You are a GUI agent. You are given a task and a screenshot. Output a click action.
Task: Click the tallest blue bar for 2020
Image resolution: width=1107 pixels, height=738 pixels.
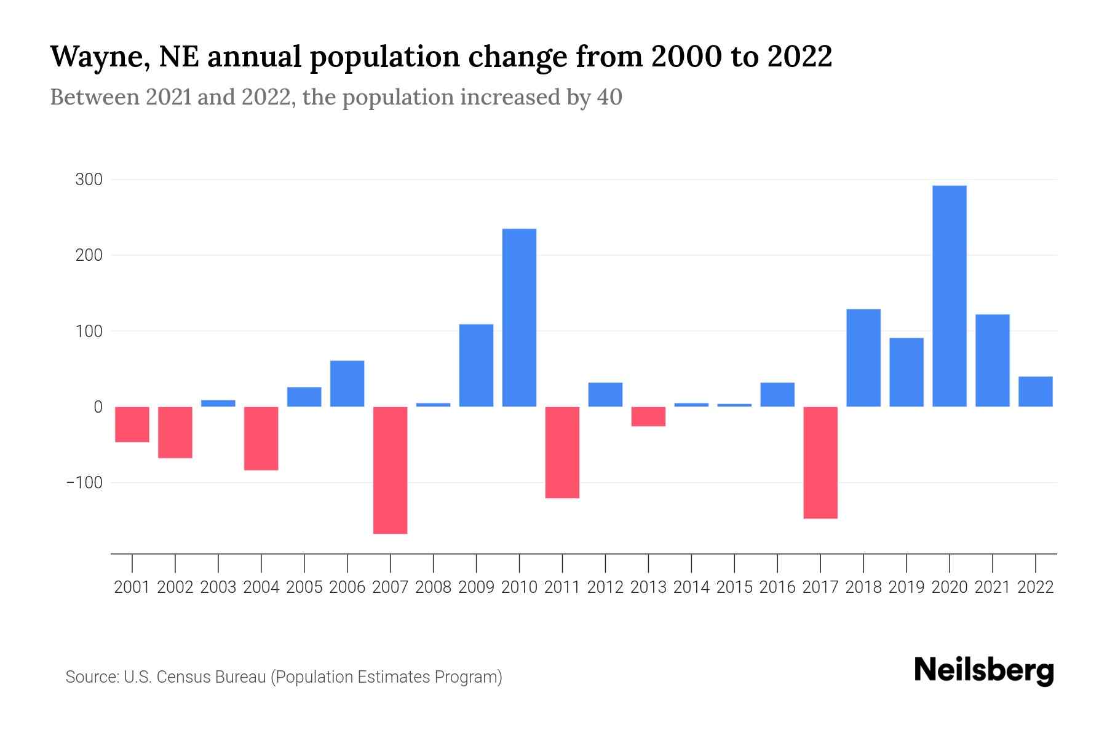[949, 296]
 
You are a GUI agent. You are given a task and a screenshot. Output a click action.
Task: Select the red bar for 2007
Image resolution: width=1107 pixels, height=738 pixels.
[390, 470]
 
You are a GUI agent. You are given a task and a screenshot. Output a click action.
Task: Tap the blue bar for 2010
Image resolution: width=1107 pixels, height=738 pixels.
[519, 317]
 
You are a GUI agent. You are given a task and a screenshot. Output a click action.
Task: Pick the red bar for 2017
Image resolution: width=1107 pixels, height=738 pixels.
[820, 462]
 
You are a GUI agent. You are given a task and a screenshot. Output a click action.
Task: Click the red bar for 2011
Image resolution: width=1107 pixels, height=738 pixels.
[562, 452]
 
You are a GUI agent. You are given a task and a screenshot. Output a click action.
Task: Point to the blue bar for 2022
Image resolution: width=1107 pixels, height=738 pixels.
[1035, 391]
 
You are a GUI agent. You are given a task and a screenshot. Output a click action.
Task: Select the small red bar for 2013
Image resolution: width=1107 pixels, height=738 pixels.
[648, 416]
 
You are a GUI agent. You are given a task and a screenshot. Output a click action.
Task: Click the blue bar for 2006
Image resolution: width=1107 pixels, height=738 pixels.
[347, 383]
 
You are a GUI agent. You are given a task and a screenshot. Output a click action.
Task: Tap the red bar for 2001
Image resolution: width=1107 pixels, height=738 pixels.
[132, 424]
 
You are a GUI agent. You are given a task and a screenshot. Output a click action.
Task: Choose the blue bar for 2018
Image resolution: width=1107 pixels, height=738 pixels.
[863, 357]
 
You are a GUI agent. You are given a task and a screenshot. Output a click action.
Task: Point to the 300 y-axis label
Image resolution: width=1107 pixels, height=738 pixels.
[89, 180]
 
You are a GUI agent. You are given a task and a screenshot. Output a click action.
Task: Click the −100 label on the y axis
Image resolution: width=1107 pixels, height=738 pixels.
[84, 482]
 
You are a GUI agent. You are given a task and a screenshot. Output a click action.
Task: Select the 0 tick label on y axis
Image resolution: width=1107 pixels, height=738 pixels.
[98, 407]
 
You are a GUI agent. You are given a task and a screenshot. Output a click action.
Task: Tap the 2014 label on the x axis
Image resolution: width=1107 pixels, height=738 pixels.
[691, 587]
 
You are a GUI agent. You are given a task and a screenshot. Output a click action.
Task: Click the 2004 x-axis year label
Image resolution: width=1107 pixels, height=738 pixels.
[261, 587]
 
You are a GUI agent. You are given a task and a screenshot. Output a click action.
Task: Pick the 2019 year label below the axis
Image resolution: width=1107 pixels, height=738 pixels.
[906, 587]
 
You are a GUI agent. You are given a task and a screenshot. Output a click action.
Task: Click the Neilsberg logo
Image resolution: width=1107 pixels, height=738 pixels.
[984, 671]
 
